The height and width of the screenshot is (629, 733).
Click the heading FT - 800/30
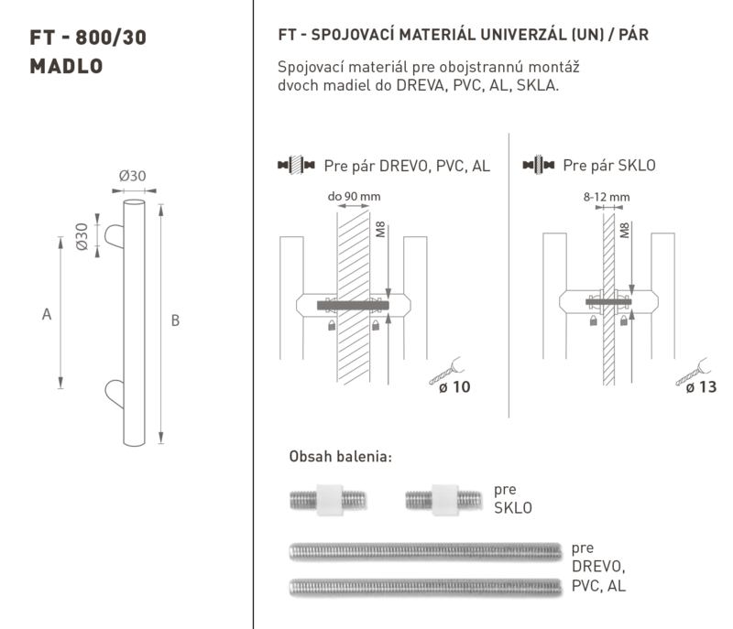(88, 38)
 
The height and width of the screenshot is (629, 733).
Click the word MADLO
(66, 66)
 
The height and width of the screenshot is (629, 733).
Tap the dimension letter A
(47, 314)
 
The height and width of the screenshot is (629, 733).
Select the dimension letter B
(175, 320)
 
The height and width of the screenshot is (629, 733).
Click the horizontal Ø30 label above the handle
(132, 176)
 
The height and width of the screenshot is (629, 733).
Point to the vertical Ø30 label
(82, 237)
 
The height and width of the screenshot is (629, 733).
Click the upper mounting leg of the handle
(114, 236)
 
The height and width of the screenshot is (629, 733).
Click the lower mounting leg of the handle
(114, 394)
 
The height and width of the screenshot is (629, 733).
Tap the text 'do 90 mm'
(354, 197)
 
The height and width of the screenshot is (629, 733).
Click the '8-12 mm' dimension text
(607, 197)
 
